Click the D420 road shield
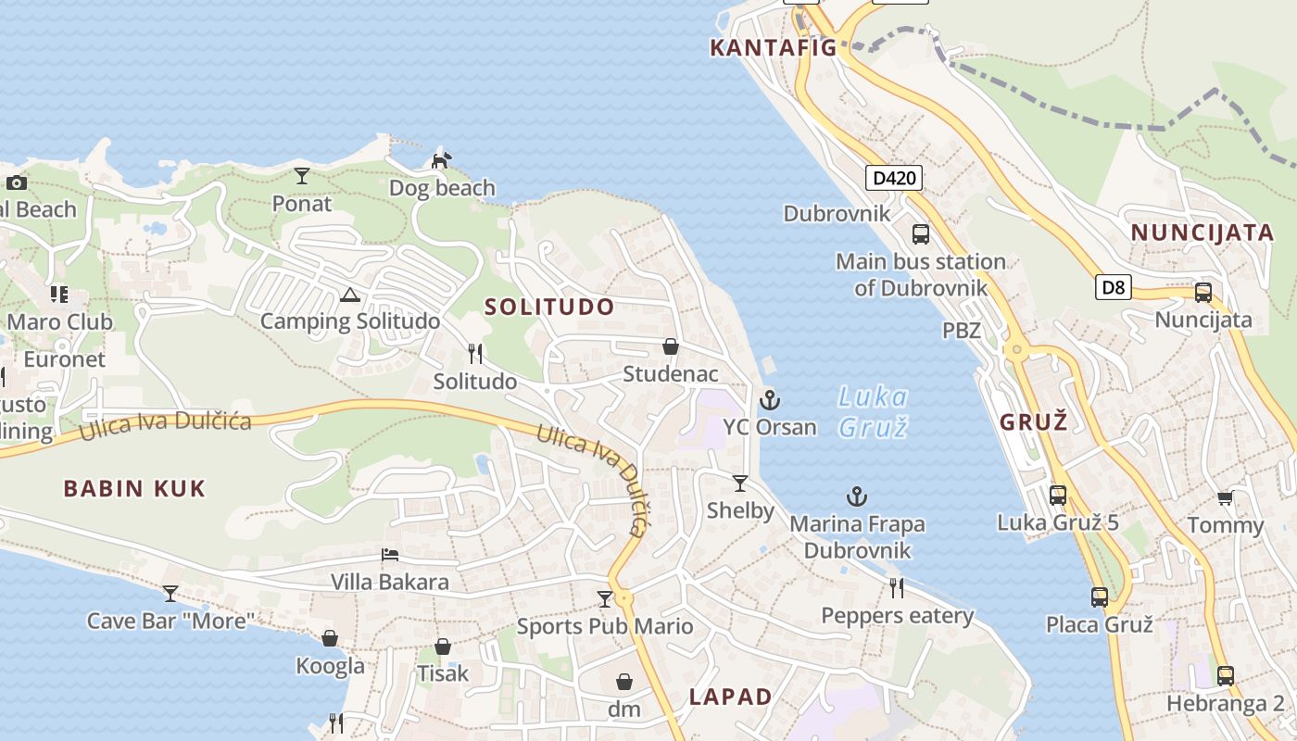(x=894, y=178)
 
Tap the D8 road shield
(x=1113, y=287)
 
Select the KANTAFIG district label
(x=773, y=48)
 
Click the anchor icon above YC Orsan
(x=769, y=400)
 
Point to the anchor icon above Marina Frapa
(x=857, y=497)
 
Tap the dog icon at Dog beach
(x=442, y=161)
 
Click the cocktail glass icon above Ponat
(x=302, y=176)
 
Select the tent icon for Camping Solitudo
(x=349, y=295)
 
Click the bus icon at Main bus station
(x=920, y=234)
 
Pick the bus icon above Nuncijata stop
(x=1203, y=293)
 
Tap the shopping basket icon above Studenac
(x=670, y=346)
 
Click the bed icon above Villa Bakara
(x=390, y=555)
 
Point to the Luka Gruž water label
(x=872, y=411)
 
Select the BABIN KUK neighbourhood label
(x=134, y=488)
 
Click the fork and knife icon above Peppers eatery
(x=896, y=587)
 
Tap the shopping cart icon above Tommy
(x=1225, y=498)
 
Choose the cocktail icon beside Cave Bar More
(x=170, y=593)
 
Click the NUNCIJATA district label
(x=1203, y=232)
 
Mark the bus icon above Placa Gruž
(x=1099, y=597)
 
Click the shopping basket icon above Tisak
(x=443, y=647)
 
